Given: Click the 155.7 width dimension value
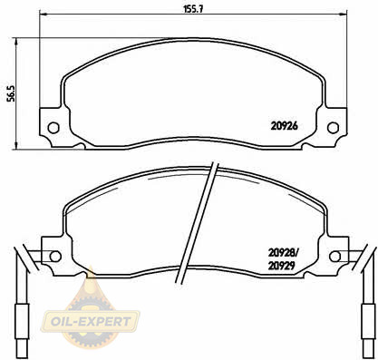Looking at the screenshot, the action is [x=193, y=9].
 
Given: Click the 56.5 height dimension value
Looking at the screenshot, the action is [x=11, y=93].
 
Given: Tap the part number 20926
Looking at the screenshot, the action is [x=284, y=126].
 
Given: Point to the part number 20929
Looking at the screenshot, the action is [x=282, y=266].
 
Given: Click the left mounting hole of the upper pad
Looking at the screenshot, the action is [x=53, y=128].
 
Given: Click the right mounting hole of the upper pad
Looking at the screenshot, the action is [x=333, y=128].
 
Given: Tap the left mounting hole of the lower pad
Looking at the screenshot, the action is [x=55, y=257].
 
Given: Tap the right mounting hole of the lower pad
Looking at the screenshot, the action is [x=334, y=257].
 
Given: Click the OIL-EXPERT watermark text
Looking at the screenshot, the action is [x=91, y=321].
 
